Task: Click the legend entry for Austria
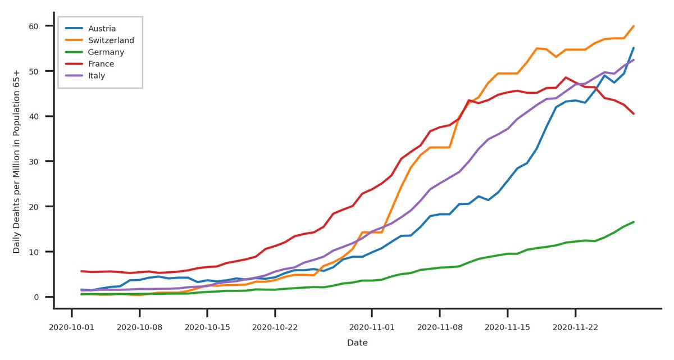coord(102,28)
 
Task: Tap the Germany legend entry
coord(106,52)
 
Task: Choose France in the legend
coord(101,63)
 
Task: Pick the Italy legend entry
coord(97,75)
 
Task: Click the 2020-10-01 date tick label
coord(71,326)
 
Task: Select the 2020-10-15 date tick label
coord(207,326)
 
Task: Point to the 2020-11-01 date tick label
coord(372,326)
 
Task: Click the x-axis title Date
coord(357,343)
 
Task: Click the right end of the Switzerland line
coord(634,26)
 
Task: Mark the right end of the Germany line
coord(634,222)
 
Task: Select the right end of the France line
coord(634,113)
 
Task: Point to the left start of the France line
coord(81,271)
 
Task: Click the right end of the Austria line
coord(634,48)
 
